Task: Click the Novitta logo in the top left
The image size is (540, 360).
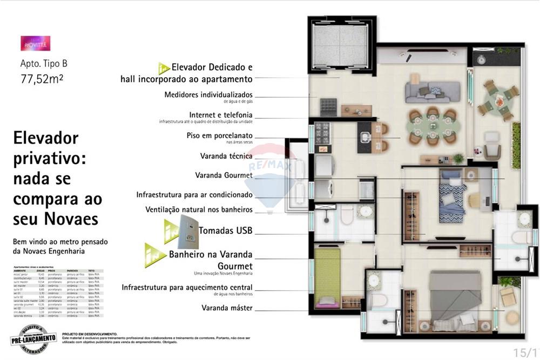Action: tap(36, 43)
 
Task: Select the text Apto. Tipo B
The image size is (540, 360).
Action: tap(44, 64)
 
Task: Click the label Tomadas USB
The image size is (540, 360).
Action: tap(226, 230)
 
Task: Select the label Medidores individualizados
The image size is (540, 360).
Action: tap(208, 94)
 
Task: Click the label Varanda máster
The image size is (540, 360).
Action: tap(227, 308)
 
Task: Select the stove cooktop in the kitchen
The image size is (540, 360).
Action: tap(322, 132)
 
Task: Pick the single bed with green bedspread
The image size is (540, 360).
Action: tap(327, 278)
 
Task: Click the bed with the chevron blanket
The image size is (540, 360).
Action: tap(451, 197)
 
